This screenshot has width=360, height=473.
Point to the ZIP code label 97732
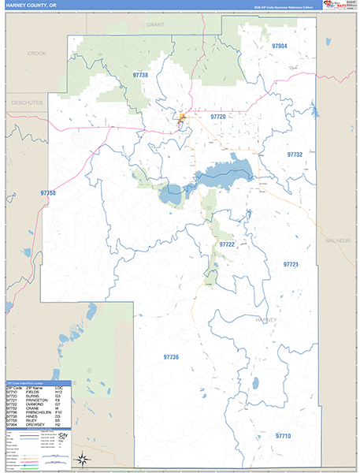click(x=295, y=155)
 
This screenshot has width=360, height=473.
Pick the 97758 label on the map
click(x=47, y=193)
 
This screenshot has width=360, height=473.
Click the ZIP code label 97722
click(x=227, y=244)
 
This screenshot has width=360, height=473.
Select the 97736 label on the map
click(x=171, y=357)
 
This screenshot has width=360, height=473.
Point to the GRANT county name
click(x=154, y=25)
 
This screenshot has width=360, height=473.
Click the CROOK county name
click(x=37, y=53)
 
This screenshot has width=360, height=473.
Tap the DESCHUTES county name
click(x=26, y=102)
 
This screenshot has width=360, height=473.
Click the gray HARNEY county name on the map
click(x=267, y=319)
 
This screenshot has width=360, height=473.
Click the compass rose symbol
click(x=81, y=459)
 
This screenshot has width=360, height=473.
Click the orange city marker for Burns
click(x=183, y=118)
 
